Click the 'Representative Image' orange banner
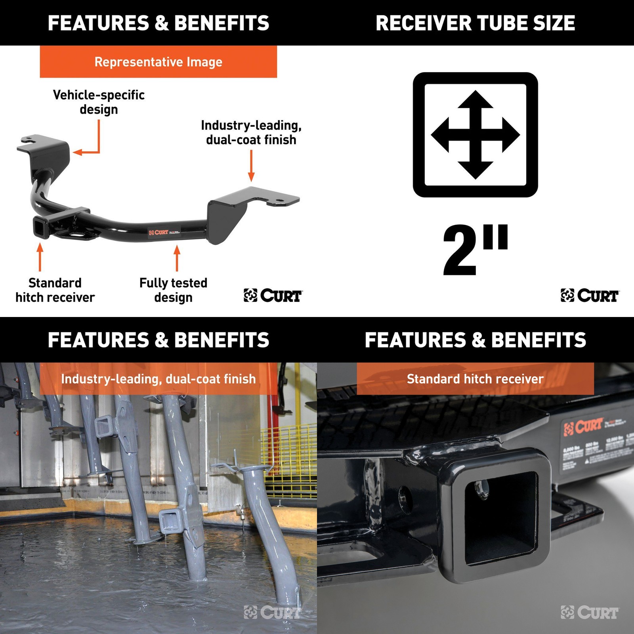(x=158, y=62)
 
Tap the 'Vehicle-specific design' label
(x=99, y=102)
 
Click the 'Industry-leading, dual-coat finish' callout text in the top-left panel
(x=251, y=132)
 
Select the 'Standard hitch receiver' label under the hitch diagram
(x=55, y=290)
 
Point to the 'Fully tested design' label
(x=173, y=290)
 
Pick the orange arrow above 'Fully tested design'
(x=177, y=258)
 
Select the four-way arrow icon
(x=475, y=135)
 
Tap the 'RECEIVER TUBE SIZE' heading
(x=475, y=23)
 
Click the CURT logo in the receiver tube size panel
(x=590, y=296)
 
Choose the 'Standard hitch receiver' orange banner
(x=475, y=379)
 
